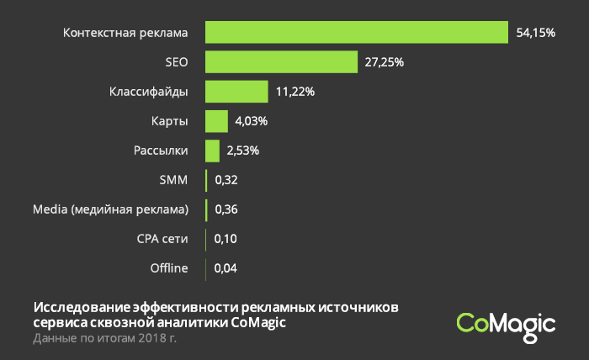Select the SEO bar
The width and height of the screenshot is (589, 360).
pyautogui.click(x=281, y=61)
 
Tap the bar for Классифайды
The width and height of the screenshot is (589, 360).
pyautogui.click(x=236, y=91)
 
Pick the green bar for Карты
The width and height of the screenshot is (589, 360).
pyautogui.click(x=216, y=121)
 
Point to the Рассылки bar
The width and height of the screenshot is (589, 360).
pyautogui.click(x=212, y=151)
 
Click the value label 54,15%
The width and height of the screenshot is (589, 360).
pyautogui.click(x=536, y=33)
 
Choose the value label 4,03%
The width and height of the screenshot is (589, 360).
pyautogui.click(x=252, y=121)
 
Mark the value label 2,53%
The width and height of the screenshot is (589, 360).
pyautogui.click(x=242, y=151)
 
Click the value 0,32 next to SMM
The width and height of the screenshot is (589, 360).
pyautogui.click(x=226, y=180)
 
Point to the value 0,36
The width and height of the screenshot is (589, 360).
pyautogui.click(x=226, y=209)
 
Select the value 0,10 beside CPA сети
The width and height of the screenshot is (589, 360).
pyautogui.click(x=225, y=240)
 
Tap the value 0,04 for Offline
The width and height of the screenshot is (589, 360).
pyautogui.click(x=225, y=269)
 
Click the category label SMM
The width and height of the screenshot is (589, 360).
pyautogui.click(x=173, y=180)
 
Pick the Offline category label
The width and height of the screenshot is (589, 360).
pyautogui.click(x=169, y=269)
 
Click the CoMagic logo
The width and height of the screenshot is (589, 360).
pyautogui.click(x=506, y=325)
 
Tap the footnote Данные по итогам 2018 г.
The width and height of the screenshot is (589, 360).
pyautogui.click(x=105, y=338)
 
